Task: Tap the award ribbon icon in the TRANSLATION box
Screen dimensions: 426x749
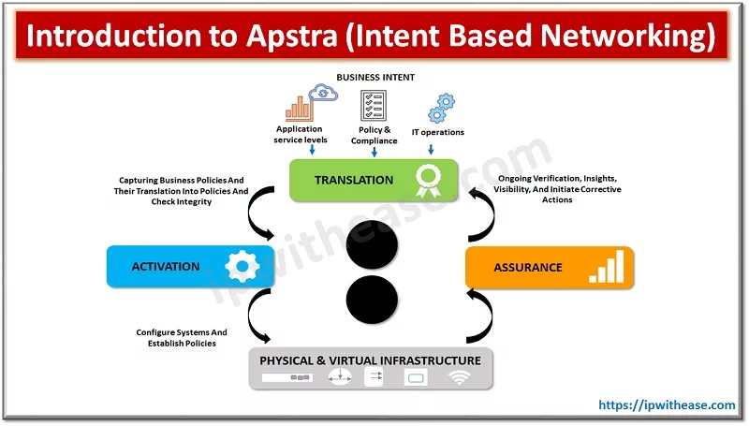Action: (x=427, y=181)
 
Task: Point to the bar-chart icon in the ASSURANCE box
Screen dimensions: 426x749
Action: (x=606, y=268)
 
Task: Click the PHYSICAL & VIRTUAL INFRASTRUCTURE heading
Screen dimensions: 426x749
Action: (x=370, y=360)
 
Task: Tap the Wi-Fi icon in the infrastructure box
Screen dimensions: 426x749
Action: (x=459, y=378)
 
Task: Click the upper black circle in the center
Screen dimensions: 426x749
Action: (x=374, y=245)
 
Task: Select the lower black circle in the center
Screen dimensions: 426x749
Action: (x=374, y=302)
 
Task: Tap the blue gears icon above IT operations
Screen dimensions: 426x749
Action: (x=438, y=106)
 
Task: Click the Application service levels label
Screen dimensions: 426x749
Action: (x=299, y=134)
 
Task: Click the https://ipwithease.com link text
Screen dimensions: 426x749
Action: (x=667, y=405)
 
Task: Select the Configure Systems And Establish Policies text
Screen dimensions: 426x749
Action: (x=181, y=337)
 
